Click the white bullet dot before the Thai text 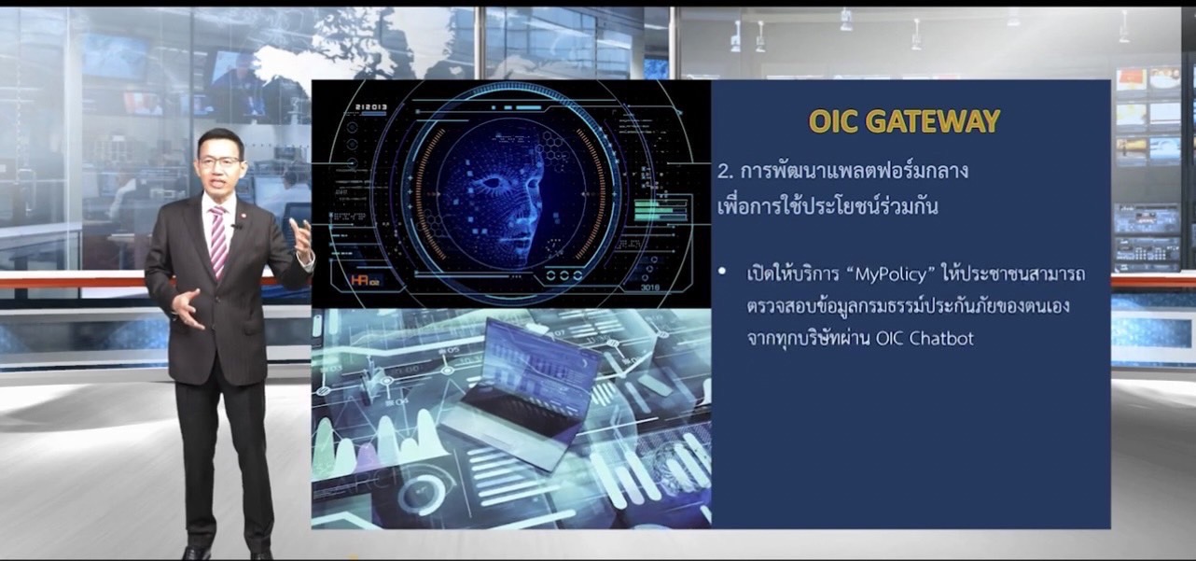tap(722, 272)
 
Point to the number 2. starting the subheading tap(725, 172)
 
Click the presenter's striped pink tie tap(218, 242)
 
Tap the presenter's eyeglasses tap(220, 161)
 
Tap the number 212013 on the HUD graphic tap(371, 107)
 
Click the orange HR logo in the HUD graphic tap(365, 280)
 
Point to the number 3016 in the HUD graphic tap(650, 288)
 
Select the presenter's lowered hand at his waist tap(188, 308)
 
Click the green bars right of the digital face tap(660, 211)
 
